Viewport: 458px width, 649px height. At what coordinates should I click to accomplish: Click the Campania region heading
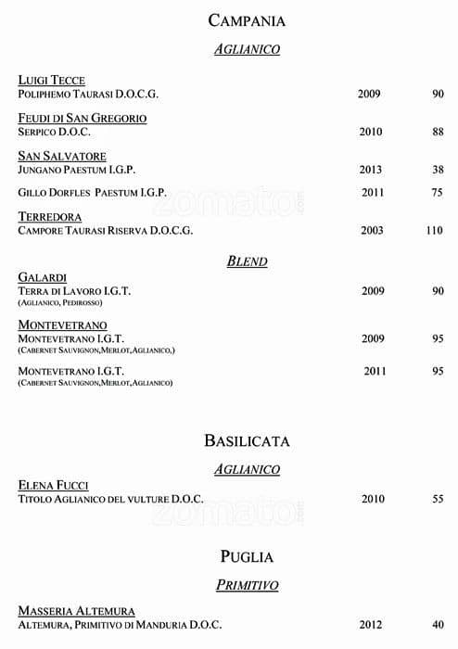[x=247, y=20]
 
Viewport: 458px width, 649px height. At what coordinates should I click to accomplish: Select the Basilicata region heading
[x=247, y=440]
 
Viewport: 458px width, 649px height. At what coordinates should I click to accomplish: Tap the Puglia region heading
[x=247, y=556]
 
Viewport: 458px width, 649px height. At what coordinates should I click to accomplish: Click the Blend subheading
[x=247, y=261]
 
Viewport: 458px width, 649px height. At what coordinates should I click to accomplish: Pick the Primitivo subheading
[x=247, y=585]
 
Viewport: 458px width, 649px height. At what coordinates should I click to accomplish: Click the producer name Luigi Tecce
[x=52, y=81]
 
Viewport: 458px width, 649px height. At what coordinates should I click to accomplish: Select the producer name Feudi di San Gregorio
[x=83, y=119]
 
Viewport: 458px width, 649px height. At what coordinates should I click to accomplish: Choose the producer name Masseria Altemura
[x=77, y=611]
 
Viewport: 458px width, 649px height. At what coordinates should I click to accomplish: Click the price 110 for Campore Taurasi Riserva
[x=434, y=231]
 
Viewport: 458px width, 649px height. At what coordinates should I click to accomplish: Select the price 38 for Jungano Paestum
[x=438, y=170]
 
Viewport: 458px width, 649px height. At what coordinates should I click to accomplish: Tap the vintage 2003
[x=372, y=231]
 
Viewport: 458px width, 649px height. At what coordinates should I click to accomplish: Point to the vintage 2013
[x=371, y=170]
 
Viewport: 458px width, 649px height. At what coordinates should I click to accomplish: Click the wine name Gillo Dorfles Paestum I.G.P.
[x=93, y=193]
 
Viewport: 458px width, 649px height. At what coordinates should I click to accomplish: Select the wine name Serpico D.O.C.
[x=54, y=132]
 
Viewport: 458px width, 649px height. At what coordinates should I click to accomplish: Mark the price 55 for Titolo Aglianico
[x=438, y=499]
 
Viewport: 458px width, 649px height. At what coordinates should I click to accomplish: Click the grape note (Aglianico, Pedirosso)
[x=60, y=303]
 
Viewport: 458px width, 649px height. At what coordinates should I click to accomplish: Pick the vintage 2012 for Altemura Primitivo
[x=373, y=625]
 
